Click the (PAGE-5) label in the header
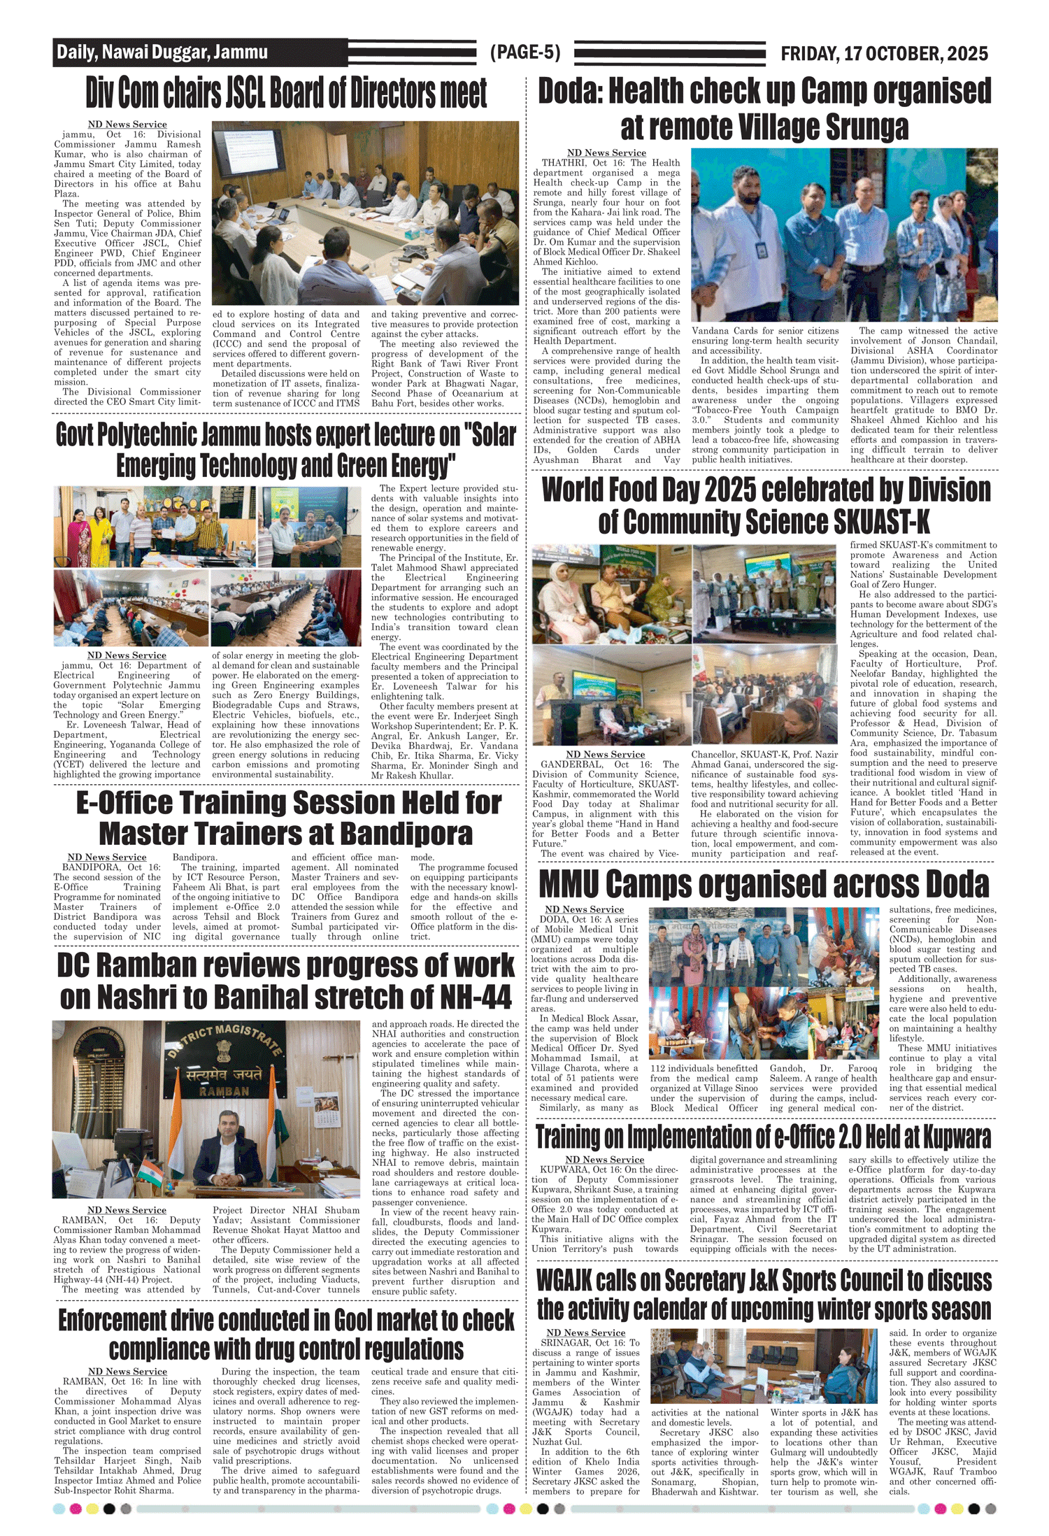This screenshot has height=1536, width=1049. [525, 52]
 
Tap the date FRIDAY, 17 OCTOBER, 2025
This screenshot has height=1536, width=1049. [884, 54]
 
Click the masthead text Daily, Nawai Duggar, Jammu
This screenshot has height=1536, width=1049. [162, 52]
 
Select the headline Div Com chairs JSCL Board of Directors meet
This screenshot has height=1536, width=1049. [286, 93]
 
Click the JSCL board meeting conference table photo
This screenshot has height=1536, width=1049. [365, 213]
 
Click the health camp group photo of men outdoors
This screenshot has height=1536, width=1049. [843, 235]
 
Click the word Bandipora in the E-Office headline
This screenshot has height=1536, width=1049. [408, 834]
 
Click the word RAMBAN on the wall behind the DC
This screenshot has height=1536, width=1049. [224, 1091]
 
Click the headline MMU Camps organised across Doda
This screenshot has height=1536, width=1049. [764, 885]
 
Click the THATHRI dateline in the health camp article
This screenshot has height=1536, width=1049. [564, 163]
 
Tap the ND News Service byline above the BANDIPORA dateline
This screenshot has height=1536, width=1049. [107, 857]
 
